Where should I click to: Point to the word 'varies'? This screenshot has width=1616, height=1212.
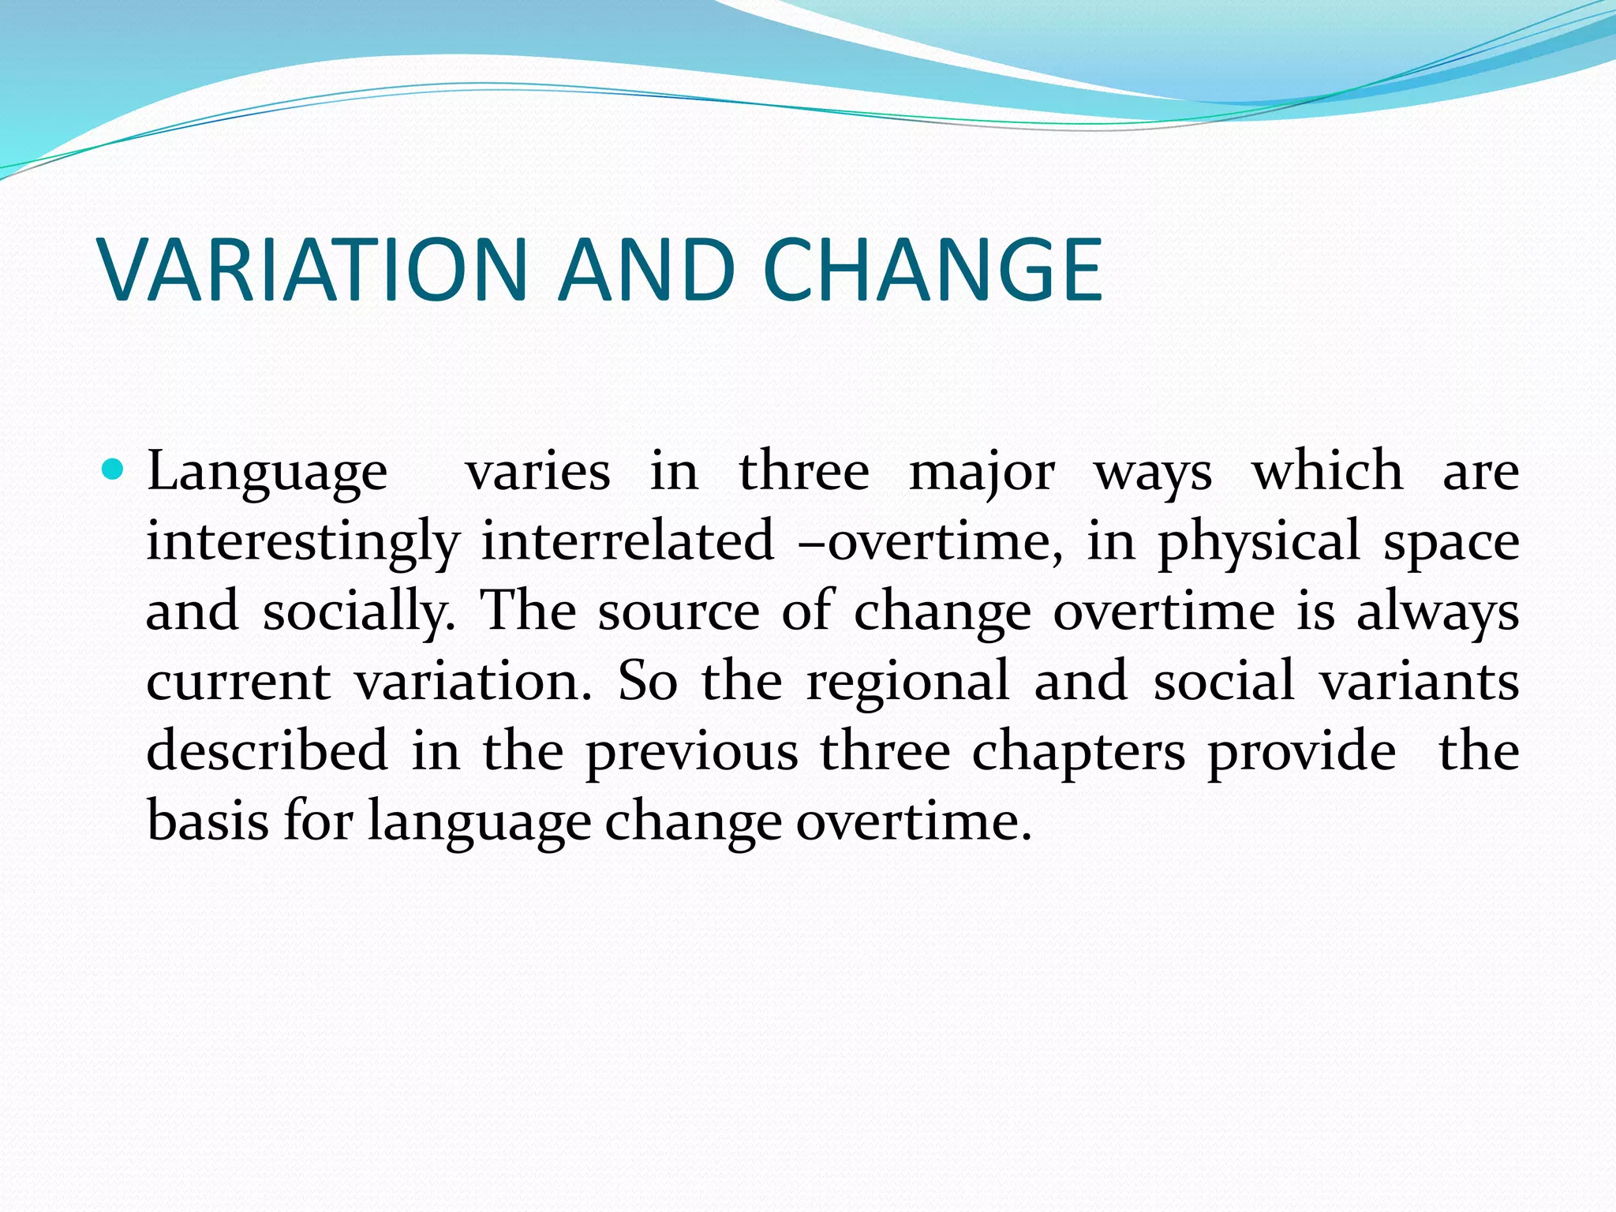(x=538, y=473)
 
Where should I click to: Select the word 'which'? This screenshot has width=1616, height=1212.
(x=1327, y=471)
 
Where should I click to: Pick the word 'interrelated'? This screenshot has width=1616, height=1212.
(x=627, y=541)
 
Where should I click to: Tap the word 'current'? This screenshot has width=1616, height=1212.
(x=238, y=683)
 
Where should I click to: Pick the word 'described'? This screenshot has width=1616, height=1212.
(x=267, y=750)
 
